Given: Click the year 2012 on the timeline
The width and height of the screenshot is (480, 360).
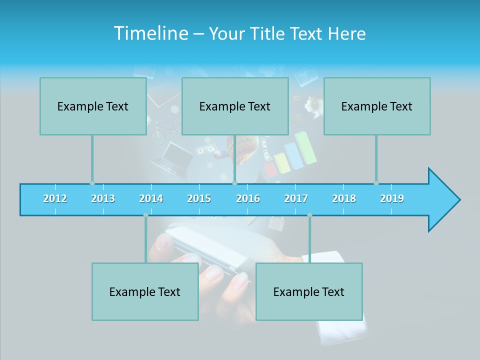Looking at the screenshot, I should tap(55, 198).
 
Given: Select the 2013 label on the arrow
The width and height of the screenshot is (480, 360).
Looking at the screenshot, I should tap(103, 198).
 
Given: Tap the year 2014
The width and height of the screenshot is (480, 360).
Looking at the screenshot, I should tap(151, 198).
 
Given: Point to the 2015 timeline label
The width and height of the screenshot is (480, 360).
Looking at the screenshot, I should tap(199, 198).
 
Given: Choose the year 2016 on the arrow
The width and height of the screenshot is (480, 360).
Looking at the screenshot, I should tap(248, 198).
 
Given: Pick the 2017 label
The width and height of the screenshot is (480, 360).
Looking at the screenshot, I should tap(296, 198).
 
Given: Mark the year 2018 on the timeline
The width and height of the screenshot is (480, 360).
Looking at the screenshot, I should tap(344, 198).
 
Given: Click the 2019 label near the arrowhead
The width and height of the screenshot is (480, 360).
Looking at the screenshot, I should tap(392, 198).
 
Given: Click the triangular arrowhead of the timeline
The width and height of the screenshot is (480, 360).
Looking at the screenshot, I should tap(442, 200).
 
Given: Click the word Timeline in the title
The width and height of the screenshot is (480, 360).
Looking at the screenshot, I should tap(150, 33).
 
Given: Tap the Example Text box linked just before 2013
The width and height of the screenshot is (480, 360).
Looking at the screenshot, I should tap(93, 106).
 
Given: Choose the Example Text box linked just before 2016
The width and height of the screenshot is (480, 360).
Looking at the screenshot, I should tap(235, 106).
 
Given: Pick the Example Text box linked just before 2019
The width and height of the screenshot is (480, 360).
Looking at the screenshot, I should tap(377, 106).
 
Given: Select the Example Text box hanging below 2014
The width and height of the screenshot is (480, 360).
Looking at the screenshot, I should tap(145, 291).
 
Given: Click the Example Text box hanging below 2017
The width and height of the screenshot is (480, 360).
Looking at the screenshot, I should tap(309, 291).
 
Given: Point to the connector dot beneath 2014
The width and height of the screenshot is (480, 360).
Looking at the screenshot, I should tap(145, 215).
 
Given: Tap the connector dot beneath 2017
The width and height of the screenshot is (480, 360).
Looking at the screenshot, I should tap(309, 215).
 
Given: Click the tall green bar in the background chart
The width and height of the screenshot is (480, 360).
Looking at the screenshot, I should tap(306, 147).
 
